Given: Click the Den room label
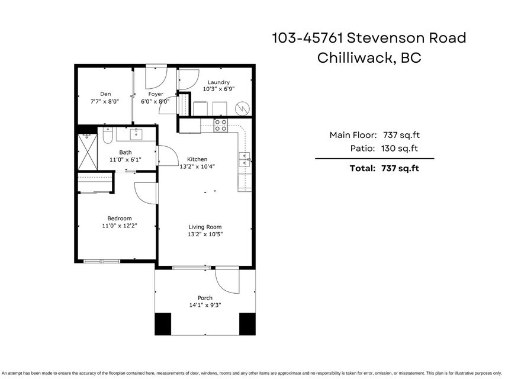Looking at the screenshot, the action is (105, 94).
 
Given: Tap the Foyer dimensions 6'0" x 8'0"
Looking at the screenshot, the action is (156, 101).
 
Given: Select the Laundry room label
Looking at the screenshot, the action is (218, 82).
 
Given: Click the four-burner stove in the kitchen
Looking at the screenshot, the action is (221, 126).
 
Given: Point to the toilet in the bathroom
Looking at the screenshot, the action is (108, 136).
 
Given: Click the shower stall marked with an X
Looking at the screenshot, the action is (88, 152).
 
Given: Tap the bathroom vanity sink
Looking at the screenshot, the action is (136, 134).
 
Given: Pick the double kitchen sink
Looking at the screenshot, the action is (245, 159).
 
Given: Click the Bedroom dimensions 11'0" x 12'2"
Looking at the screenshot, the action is (120, 226).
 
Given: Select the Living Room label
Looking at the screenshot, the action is (205, 227).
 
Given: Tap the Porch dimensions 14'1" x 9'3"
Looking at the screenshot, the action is (205, 305).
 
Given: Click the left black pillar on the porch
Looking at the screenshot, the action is (163, 324).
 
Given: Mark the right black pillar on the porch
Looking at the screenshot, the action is (247, 324).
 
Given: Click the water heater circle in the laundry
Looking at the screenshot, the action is (243, 108).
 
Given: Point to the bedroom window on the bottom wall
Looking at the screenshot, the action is (102, 261).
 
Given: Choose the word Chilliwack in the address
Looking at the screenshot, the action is (355, 58).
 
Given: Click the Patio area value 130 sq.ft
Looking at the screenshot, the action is (400, 149).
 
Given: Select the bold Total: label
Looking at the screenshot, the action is (363, 168).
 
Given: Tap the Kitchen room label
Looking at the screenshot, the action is (197, 159).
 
